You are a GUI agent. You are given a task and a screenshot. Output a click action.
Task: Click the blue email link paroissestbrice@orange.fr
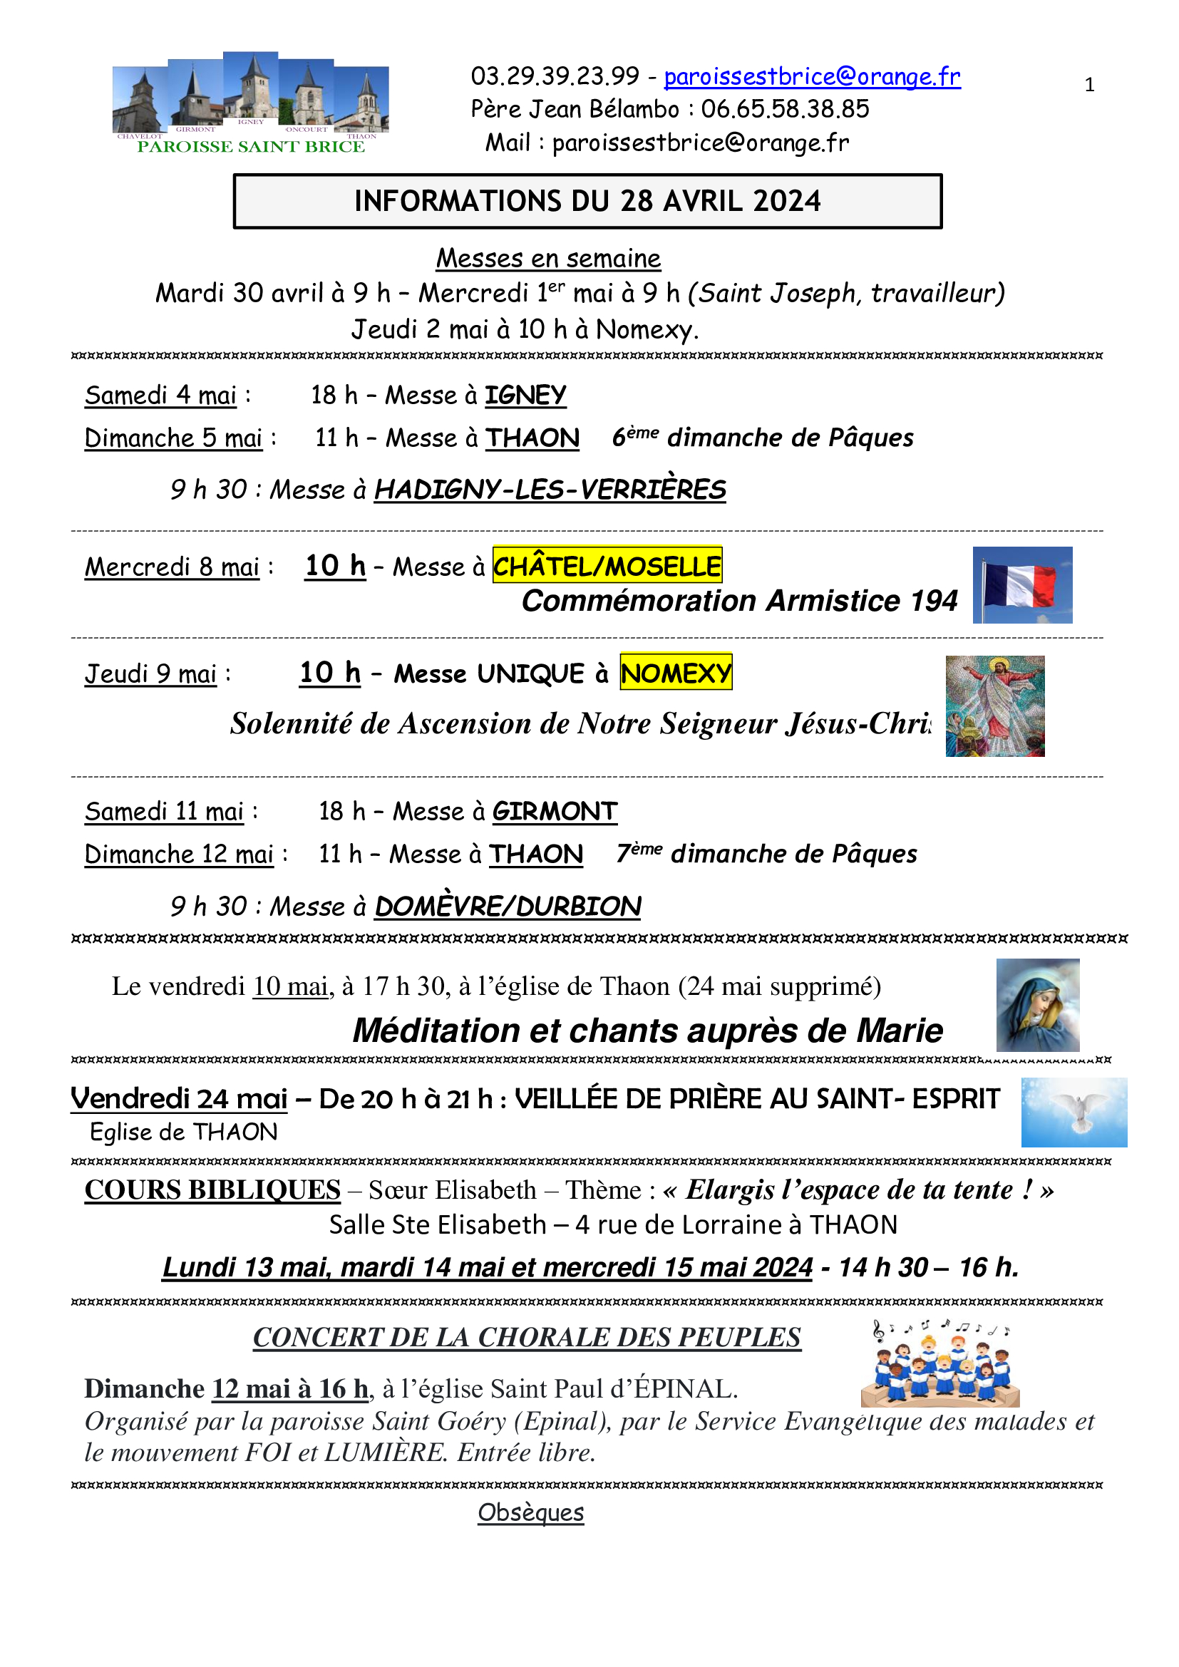pyautogui.click(x=812, y=76)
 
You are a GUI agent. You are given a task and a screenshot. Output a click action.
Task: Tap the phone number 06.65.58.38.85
pyautogui.click(x=784, y=109)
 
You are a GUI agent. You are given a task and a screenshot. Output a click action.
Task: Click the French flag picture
pyautogui.click(x=1022, y=584)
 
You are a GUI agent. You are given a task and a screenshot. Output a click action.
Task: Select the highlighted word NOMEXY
pyautogui.click(x=675, y=672)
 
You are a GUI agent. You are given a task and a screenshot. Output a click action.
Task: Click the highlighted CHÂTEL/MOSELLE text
pyautogui.click(x=607, y=566)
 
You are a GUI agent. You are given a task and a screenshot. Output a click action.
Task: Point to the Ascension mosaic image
pyautogui.click(x=994, y=706)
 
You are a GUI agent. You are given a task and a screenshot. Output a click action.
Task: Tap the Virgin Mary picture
pyautogui.click(x=1037, y=1005)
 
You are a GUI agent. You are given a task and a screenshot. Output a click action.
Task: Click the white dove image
pyautogui.click(x=1074, y=1112)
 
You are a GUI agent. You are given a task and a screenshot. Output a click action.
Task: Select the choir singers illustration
pyautogui.click(x=941, y=1363)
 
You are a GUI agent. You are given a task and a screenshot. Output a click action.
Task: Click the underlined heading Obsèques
pyautogui.click(x=531, y=1512)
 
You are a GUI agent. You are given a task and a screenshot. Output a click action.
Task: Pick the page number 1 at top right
pyautogui.click(x=1089, y=85)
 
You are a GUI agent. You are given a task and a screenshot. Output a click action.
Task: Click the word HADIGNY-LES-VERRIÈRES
pyautogui.click(x=550, y=490)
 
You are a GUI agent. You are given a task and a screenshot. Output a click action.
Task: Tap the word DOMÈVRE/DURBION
pyautogui.click(x=508, y=906)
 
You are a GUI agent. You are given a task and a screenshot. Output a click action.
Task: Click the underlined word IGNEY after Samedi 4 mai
pyautogui.click(x=525, y=395)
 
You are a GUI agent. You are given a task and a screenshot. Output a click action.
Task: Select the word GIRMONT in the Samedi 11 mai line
pyautogui.click(x=555, y=811)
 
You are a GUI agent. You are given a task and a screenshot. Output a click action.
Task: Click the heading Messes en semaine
pyautogui.click(x=548, y=258)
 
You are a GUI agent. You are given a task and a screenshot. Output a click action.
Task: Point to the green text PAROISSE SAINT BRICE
pyautogui.click(x=250, y=147)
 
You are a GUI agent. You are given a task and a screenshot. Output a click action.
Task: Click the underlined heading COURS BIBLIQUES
pyautogui.click(x=212, y=1190)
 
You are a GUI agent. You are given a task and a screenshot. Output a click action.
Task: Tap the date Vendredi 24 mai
pyautogui.click(x=179, y=1098)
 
